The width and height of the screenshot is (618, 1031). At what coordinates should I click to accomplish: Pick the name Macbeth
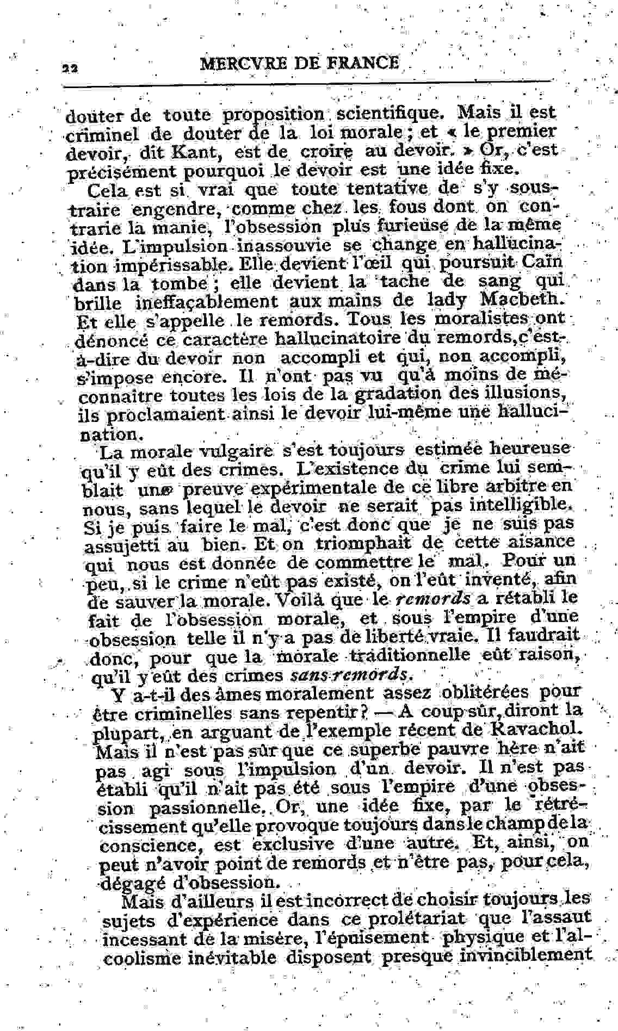522,300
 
